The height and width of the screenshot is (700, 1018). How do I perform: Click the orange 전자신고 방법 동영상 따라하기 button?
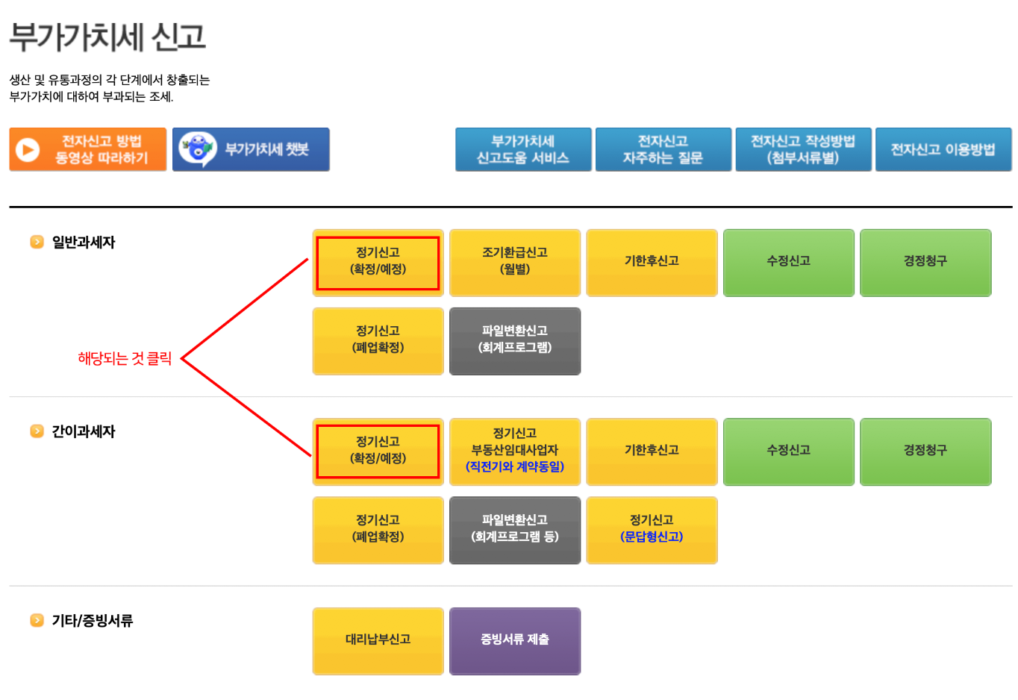tap(88, 149)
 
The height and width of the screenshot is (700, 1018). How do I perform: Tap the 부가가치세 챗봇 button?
tap(251, 149)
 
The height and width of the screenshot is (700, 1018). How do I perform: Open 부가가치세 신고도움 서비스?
tap(523, 149)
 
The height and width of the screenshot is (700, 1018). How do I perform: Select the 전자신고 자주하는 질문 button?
tap(663, 149)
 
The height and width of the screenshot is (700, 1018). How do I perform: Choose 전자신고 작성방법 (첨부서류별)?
tap(803, 149)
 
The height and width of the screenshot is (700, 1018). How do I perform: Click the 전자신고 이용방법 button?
tap(943, 149)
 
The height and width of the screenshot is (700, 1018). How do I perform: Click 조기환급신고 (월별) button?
tap(515, 262)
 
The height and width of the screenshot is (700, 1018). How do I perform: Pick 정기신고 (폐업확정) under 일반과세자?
tap(378, 340)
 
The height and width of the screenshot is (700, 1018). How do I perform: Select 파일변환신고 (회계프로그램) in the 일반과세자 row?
tap(515, 340)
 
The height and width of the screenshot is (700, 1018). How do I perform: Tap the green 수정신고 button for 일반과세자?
tap(788, 262)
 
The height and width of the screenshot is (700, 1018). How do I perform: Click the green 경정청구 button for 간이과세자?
tap(925, 451)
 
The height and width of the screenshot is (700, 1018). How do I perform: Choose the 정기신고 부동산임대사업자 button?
tap(515, 451)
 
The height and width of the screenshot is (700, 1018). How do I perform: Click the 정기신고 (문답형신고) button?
tap(652, 530)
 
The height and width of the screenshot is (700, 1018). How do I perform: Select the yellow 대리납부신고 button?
tap(378, 640)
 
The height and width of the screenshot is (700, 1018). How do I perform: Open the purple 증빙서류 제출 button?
tap(515, 640)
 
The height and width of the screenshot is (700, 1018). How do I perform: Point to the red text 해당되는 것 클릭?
tap(125, 359)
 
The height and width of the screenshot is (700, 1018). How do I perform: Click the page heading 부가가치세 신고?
tap(107, 37)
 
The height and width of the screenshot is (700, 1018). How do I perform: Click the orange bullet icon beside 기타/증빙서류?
tap(37, 620)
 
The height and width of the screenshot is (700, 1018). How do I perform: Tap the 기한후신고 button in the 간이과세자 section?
tap(652, 451)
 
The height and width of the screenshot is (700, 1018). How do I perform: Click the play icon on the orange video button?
tap(28, 150)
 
